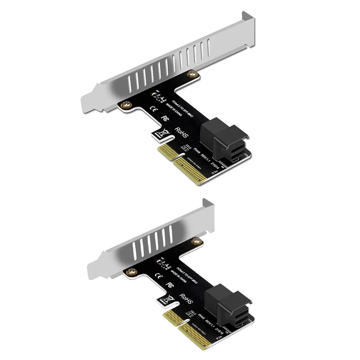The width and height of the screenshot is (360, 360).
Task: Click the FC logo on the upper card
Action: click(166, 118)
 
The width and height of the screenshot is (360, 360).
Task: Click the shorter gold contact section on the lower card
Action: click(171, 318)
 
